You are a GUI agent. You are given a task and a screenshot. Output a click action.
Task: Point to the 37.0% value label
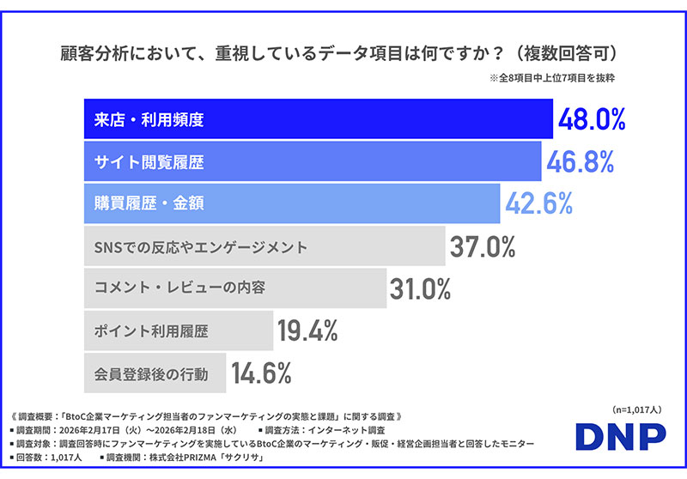coord(483,247)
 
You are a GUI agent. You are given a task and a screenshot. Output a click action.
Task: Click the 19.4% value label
coord(307,330)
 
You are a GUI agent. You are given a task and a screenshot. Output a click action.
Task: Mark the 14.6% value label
coord(260,373)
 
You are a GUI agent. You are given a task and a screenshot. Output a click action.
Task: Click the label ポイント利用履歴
coord(150,330)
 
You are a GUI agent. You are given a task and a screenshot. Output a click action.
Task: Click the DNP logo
coord(619,436)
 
